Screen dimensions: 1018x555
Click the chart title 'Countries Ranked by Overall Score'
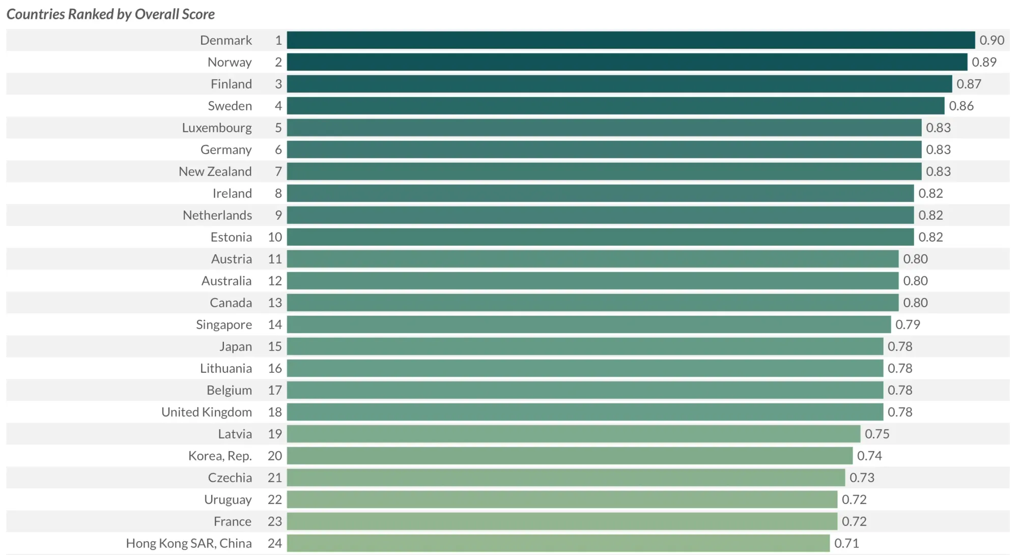coord(110,14)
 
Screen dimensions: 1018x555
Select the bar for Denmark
coord(631,40)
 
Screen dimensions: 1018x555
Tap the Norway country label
coord(230,63)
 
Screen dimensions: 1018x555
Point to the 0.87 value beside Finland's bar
coord(969,84)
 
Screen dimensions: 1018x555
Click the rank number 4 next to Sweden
coord(278,106)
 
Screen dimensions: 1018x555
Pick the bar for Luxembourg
coord(604,128)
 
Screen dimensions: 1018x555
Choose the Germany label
coord(226,150)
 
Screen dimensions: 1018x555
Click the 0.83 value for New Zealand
coord(938,171)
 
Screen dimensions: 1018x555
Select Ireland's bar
coord(600,193)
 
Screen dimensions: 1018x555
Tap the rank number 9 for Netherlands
coord(278,215)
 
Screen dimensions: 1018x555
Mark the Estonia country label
coord(231,237)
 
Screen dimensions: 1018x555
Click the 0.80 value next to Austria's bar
coord(915,259)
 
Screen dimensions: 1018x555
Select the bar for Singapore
coord(589,325)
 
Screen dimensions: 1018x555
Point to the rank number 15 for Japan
coord(275,346)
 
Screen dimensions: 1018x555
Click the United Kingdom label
coord(207,413)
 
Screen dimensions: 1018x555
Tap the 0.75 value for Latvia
coord(877,434)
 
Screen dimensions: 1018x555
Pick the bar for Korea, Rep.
coord(570,456)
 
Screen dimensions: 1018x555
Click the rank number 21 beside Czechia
coord(275,478)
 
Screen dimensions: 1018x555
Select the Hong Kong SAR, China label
coord(189,544)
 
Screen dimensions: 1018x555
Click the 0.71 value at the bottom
coord(846,543)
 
